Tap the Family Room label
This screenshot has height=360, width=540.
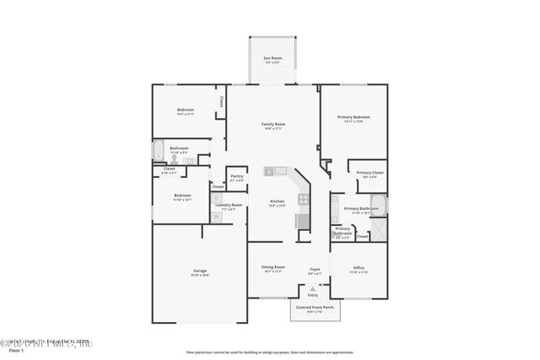click(x=273, y=124)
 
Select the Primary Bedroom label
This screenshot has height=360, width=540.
click(x=354, y=117)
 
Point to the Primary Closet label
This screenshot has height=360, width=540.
click(x=372, y=172)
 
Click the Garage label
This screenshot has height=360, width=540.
click(x=199, y=271)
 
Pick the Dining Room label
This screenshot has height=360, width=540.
click(x=273, y=267)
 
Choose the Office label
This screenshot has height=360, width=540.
click(x=359, y=268)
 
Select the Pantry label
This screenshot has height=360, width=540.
click(x=236, y=176)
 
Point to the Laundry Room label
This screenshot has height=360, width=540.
click(x=229, y=205)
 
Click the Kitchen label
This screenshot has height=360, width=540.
click(x=277, y=201)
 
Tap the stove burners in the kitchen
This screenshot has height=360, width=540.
click(x=304, y=200)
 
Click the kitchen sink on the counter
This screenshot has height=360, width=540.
click(x=270, y=171)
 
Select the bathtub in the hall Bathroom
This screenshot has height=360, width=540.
click(x=158, y=152)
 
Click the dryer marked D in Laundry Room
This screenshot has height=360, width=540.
click(x=216, y=199)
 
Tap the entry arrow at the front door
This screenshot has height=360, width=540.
click(x=312, y=288)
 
